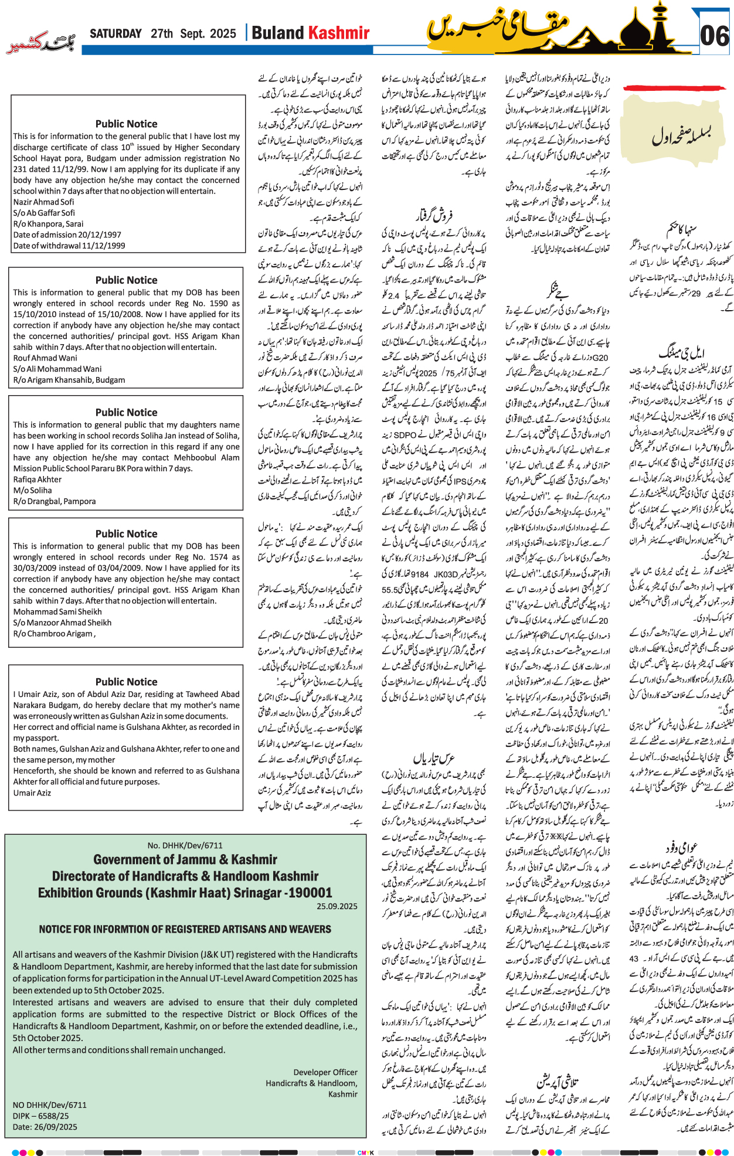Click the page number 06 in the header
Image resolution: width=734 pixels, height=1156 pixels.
point(715,36)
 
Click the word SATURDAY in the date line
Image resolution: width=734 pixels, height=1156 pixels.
point(115,33)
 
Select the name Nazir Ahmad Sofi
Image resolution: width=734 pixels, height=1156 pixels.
point(44,202)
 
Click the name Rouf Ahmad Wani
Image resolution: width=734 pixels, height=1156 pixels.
point(45,358)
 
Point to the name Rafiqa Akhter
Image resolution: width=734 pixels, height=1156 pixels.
point(37,479)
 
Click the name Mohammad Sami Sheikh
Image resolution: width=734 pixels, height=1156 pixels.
point(57,611)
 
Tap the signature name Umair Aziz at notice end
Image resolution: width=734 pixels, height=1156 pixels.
point(32,793)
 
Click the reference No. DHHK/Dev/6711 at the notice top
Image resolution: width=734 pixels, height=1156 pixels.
point(185,845)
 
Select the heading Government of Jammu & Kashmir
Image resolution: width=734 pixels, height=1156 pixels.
point(185,859)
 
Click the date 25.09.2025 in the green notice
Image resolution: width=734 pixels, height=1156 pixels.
point(337,906)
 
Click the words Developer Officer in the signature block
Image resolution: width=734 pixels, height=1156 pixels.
point(325,1056)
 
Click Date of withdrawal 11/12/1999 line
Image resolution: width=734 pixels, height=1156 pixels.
point(69,246)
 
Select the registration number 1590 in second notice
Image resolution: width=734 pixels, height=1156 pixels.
point(219,303)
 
